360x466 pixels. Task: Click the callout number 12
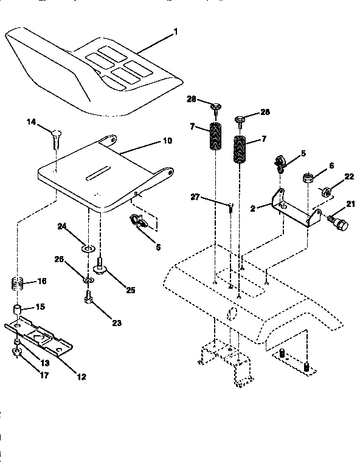[x=80, y=377]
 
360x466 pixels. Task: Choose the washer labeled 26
[x=88, y=279]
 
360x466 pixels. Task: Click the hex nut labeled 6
[x=308, y=178]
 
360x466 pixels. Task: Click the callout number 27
[x=196, y=196]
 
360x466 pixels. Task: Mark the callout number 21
[x=350, y=203]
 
